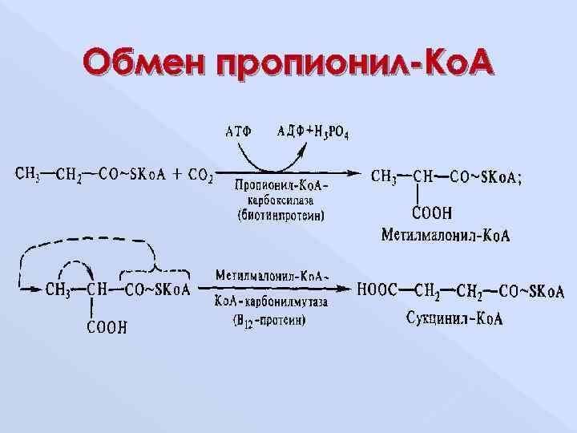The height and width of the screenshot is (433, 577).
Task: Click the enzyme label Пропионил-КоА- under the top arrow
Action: click(x=281, y=184)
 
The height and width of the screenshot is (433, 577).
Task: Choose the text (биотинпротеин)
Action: click(x=280, y=214)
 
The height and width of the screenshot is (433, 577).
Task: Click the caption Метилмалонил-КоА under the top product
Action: click(x=446, y=235)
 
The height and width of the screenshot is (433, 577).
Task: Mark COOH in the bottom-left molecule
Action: click(x=107, y=326)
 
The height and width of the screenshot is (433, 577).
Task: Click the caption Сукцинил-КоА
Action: click(x=454, y=319)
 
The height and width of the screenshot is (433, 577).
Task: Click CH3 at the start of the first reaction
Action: click(x=27, y=172)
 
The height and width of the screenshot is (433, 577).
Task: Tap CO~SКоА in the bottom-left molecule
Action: click(x=157, y=289)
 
